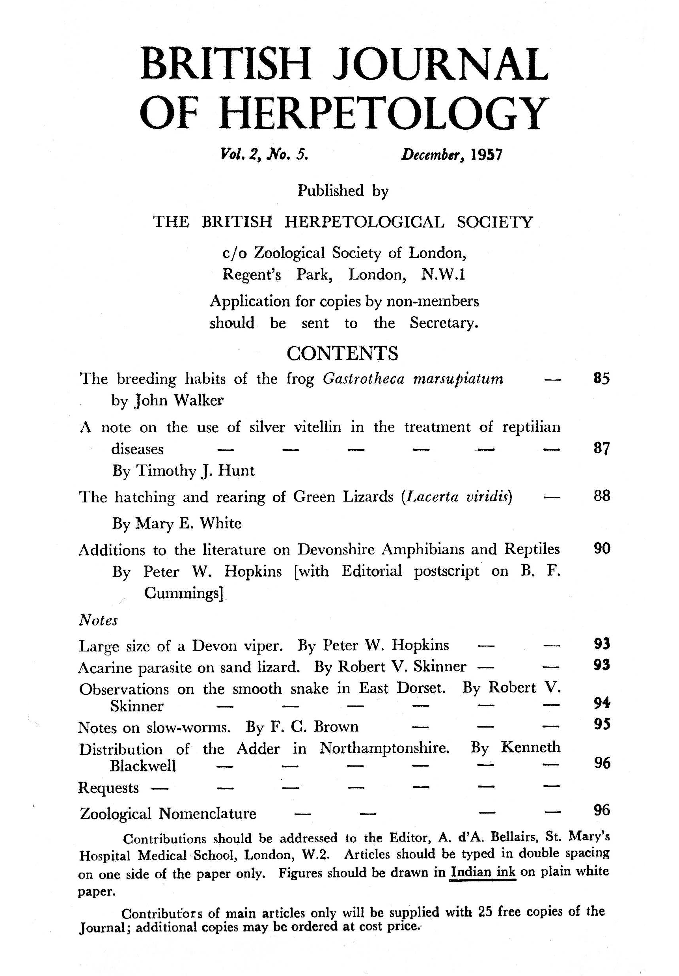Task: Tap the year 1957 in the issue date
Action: click(x=487, y=154)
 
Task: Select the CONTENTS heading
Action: click(x=342, y=353)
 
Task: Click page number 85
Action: click(x=601, y=378)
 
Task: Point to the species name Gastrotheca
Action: click(x=364, y=378)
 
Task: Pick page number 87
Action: click(x=601, y=448)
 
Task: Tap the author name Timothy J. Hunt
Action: click(x=195, y=470)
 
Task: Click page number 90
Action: click(x=602, y=549)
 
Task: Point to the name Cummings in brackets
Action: click(x=183, y=593)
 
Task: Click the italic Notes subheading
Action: click(x=98, y=620)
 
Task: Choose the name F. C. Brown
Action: click(x=314, y=727)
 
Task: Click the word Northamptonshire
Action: click(x=384, y=748)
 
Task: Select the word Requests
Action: click(x=108, y=788)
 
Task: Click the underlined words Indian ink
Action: click(x=483, y=872)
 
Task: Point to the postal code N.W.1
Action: click(x=443, y=274)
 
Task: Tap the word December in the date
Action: click(x=431, y=154)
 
